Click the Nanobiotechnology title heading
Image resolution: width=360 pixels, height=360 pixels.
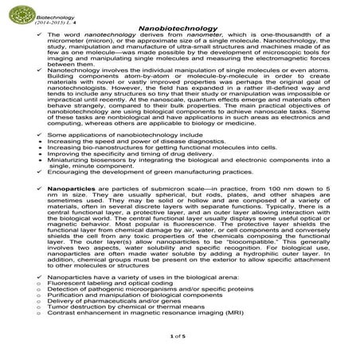pyautogui.click(x=179, y=26)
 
